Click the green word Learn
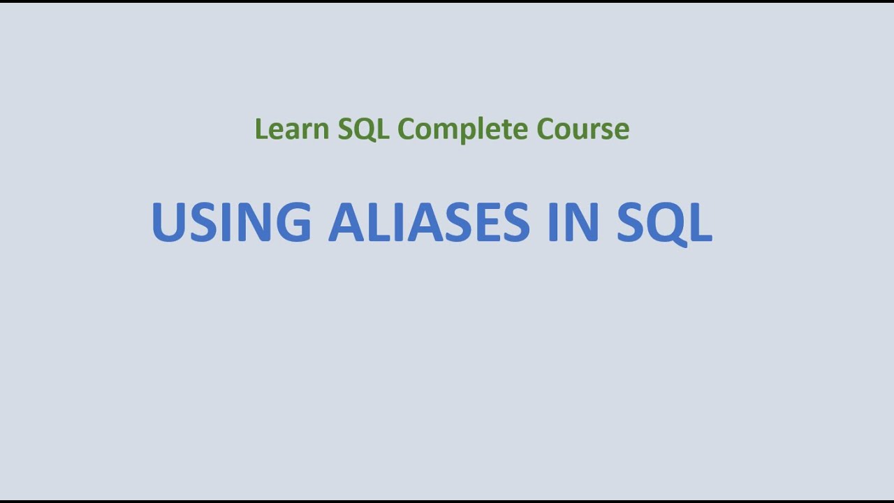coord(292,129)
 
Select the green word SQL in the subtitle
coord(363,129)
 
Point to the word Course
coord(582,129)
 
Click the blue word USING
coord(231,222)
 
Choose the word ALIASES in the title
coord(429,222)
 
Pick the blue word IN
coord(573,222)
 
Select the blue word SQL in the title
coord(664,222)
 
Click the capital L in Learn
coord(260,129)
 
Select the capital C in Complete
coord(406,129)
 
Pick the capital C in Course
coord(545,129)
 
